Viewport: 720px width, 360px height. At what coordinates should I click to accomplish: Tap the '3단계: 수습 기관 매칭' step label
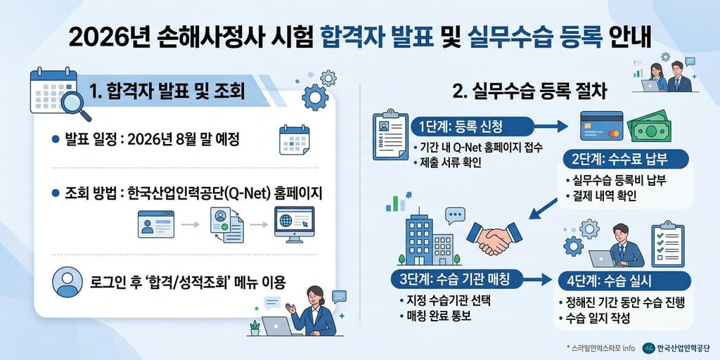tap(458, 278)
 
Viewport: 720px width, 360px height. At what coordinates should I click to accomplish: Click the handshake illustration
tap(494, 238)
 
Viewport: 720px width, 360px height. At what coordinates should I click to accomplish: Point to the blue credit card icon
tap(602, 125)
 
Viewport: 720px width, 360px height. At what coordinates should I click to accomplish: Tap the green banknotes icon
tap(649, 126)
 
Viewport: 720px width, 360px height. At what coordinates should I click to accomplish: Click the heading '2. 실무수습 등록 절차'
tap(529, 92)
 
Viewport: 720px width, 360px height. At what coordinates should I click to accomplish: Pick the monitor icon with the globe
tap(295, 224)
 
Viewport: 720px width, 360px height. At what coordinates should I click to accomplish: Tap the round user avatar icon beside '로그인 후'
tap(67, 282)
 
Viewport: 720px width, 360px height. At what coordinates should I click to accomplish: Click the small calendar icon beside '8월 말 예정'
tap(295, 140)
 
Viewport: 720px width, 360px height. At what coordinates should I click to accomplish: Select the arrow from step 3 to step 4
tap(538, 279)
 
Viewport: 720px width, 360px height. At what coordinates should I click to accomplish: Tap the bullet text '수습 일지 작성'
tap(598, 318)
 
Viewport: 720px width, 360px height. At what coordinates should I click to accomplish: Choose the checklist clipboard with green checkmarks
tap(668, 243)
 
